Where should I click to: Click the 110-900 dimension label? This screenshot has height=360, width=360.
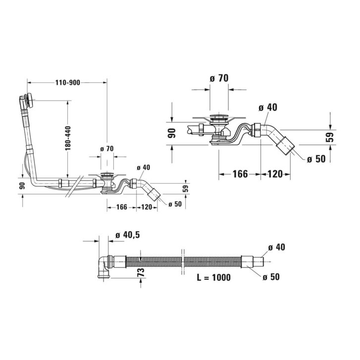click(x=68, y=82)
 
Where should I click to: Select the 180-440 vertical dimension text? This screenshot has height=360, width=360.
click(x=68, y=138)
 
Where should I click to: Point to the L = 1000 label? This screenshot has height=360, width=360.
click(x=214, y=277)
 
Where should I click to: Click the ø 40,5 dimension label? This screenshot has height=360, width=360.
click(x=127, y=235)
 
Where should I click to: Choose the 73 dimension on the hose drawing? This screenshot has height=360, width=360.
click(x=141, y=272)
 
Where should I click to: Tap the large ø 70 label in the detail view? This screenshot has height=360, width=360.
click(x=219, y=78)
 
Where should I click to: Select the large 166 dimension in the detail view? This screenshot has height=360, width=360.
click(x=240, y=174)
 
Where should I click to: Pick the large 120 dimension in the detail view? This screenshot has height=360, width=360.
click(x=275, y=174)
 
